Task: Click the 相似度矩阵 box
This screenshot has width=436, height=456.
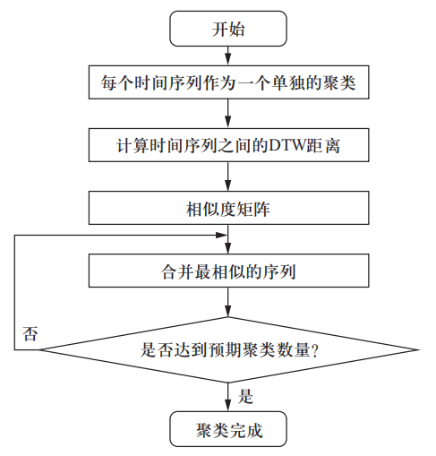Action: [228, 210]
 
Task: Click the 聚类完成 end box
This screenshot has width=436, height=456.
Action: [228, 429]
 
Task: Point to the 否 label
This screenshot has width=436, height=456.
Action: [30, 334]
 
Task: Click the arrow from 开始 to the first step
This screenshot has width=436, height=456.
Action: [228, 56]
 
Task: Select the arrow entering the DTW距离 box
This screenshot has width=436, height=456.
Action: [228, 116]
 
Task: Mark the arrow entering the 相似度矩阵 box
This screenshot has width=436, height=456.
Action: [228, 179]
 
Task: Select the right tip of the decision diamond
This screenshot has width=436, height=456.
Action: [418, 351]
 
